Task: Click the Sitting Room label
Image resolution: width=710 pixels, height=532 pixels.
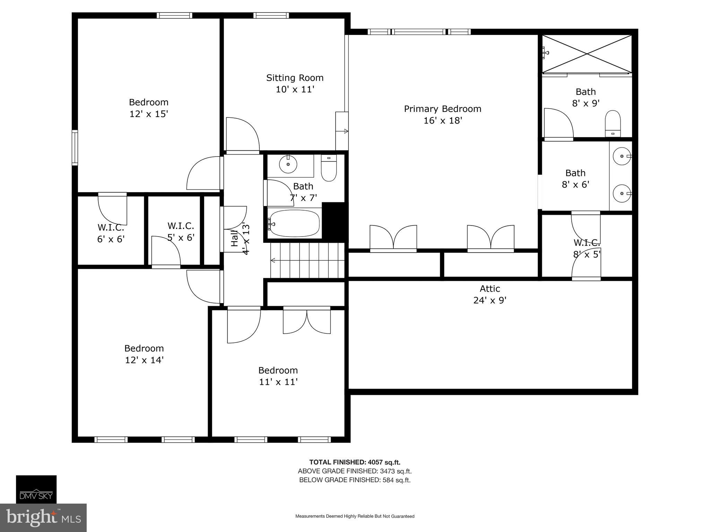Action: click(x=295, y=78)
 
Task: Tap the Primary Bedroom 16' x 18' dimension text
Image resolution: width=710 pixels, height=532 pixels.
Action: click(x=443, y=121)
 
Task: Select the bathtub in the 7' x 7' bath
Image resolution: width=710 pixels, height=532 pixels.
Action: click(x=294, y=223)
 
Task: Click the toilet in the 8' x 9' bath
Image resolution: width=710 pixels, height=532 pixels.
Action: click(x=613, y=123)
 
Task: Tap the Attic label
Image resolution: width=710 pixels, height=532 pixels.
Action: click(x=490, y=289)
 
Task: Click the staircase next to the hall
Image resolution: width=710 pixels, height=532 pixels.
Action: click(x=307, y=260)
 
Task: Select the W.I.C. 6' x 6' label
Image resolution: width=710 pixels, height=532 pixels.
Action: click(x=111, y=233)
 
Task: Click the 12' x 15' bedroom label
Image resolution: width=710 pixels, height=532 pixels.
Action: click(x=148, y=108)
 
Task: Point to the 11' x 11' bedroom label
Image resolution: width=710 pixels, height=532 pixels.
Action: click(x=278, y=376)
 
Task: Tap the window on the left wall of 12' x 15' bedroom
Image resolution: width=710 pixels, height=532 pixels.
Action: click(x=75, y=148)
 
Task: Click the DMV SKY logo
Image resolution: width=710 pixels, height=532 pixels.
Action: click(x=36, y=489)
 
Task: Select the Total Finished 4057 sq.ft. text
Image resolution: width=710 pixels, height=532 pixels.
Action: click(x=355, y=462)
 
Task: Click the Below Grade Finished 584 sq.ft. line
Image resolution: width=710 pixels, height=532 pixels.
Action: click(x=355, y=480)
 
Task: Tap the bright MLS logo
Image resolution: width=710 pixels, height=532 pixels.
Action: click(x=43, y=518)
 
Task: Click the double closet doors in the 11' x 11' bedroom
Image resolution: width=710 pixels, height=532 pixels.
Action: click(x=307, y=321)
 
